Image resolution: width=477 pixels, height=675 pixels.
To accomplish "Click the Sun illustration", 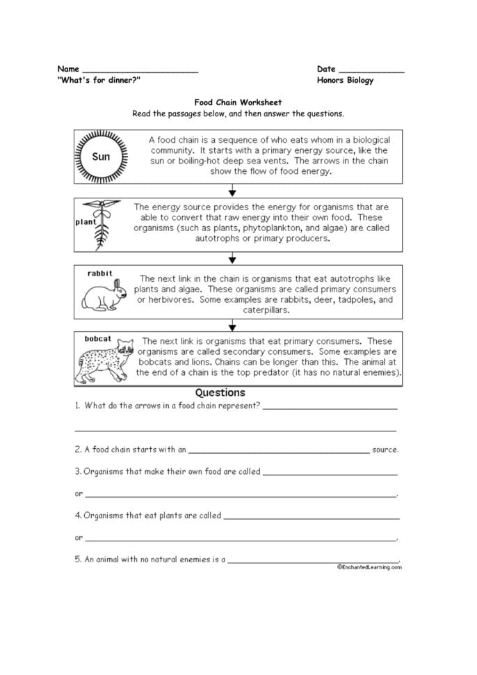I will pyautogui.click(x=102, y=157).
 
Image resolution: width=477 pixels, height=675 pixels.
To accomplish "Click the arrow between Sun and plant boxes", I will pyautogui.click(x=233, y=191).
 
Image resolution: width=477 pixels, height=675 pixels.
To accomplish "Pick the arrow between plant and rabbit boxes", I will pyautogui.click(x=233, y=257).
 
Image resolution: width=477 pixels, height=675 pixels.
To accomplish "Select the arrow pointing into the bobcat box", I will pyautogui.click(x=233, y=324).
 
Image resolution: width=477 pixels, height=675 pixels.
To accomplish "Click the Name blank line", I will pyautogui.click(x=140, y=72).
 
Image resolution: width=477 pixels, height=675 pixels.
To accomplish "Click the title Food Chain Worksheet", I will pyautogui.click(x=238, y=102).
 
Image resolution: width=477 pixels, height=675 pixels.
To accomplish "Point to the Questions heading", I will pyautogui.click(x=220, y=392).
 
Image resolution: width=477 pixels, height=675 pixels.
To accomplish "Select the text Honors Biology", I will pyautogui.click(x=345, y=80).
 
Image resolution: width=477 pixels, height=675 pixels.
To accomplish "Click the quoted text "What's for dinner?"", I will pyautogui.click(x=99, y=80).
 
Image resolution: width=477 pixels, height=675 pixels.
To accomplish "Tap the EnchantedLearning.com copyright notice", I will pyautogui.click(x=369, y=567).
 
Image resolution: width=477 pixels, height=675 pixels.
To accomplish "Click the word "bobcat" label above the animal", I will pyautogui.click(x=98, y=339).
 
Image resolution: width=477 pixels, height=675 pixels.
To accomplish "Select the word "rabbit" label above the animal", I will pyautogui.click(x=99, y=273).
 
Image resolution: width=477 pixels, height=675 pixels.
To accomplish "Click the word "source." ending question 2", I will pyautogui.click(x=385, y=450).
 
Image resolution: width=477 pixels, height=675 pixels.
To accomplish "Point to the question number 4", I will pyautogui.click(x=78, y=516).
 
